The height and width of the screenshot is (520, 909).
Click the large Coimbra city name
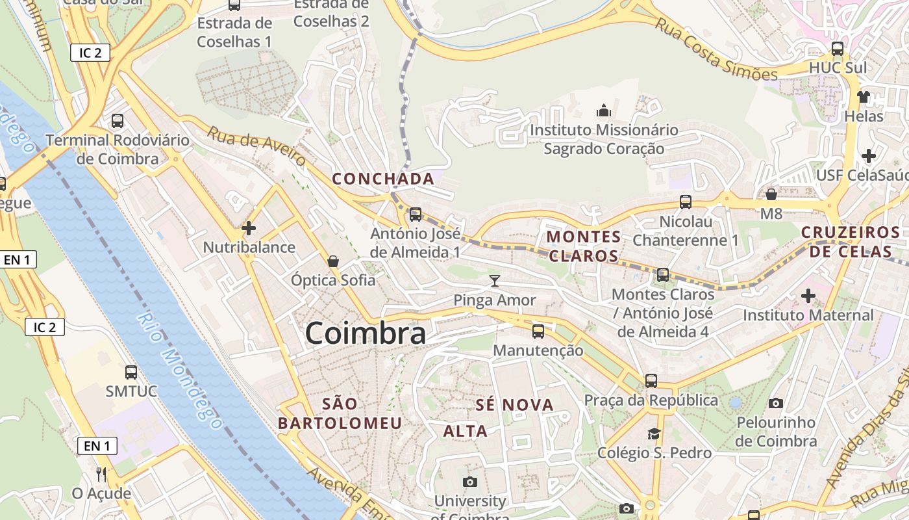[366, 333]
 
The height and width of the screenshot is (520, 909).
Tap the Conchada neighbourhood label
[383, 179]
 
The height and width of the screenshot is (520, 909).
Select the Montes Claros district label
[583, 246]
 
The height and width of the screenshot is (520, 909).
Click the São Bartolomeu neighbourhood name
[340, 413]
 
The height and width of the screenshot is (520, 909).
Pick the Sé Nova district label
[515, 406]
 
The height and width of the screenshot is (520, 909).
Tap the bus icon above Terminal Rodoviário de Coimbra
[118, 121]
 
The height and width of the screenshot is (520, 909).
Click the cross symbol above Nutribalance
[249, 228]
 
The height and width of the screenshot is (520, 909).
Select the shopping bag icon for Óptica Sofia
[333, 261]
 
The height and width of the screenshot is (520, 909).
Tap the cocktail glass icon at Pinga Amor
[495, 281]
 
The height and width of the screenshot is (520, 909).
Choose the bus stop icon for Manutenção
[538, 331]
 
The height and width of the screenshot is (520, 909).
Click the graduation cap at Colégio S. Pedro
[654, 434]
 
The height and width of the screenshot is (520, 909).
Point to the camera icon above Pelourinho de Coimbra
[776, 404]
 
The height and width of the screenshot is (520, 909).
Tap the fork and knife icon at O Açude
[101, 474]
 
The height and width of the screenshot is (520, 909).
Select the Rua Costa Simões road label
[716, 49]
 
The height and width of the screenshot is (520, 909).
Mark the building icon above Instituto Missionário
[604, 110]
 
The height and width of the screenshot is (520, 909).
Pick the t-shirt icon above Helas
[863, 97]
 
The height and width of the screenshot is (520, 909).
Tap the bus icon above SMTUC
[131, 372]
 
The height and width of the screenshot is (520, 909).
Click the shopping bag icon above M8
[771, 194]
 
